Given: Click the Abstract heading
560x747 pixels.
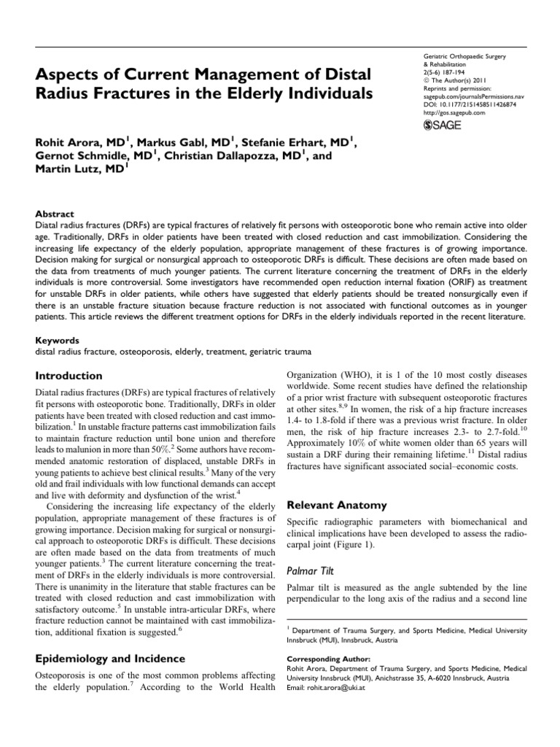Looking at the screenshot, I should pyautogui.click(x=54, y=214).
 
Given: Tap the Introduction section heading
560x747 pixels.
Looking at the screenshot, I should pyautogui.click(x=69, y=376).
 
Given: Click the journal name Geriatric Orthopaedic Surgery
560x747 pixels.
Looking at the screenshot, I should pyautogui.click(x=464, y=56).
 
